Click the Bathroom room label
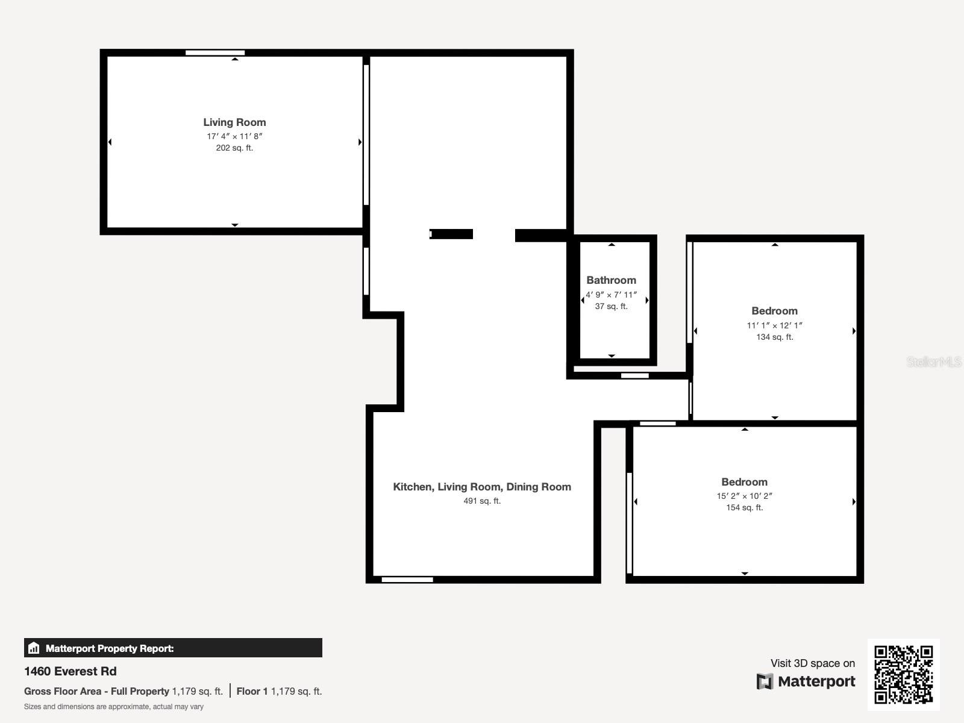pos(611,280)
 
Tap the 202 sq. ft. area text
pos(234,148)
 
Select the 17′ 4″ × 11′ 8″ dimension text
pos(234,136)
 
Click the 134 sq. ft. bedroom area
pos(774,337)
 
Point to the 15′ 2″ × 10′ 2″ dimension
pos(744,496)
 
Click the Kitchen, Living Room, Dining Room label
pos(481,487)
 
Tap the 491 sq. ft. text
pos(481,501)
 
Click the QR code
pos(903,674)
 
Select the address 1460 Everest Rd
pos(70,671)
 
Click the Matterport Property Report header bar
pos(173,648)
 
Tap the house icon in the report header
pos(34,648)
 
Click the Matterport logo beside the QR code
pos(806,681)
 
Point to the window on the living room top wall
pos(215,53)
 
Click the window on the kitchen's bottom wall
pos(407,580)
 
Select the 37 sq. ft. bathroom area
pos(611,306)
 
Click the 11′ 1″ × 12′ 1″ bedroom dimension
pos(774,325)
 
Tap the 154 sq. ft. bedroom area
pos(744,507)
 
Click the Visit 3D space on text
pos(812,663)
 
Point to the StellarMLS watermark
pos(933,361)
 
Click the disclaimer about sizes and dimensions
pos(114,707)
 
